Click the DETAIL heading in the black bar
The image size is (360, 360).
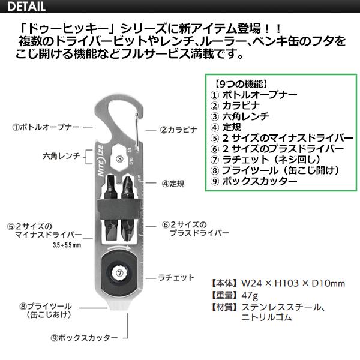point(26,6)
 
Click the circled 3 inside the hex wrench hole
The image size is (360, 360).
point(119,158)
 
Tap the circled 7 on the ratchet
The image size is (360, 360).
point(119,273)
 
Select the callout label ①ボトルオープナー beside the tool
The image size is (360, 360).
point(46,127)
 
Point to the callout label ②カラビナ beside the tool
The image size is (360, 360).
point(179,130)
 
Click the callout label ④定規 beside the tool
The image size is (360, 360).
point(173,184)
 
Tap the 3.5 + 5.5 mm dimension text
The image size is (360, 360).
point(67,245)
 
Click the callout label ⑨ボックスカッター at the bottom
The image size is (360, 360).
point(84,338)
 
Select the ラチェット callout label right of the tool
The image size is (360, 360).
point(176,278)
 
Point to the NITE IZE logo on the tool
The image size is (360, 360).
point(101,161)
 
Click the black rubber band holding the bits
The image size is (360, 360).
point(118,209)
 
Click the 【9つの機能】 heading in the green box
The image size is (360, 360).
point(241,84)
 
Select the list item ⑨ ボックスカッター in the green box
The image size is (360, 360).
point(254,181)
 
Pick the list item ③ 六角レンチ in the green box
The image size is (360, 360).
point(239,116)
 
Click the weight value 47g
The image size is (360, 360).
point(250,295)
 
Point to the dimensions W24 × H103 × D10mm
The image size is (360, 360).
point(293,283)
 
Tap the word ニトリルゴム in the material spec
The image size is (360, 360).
point(266,317)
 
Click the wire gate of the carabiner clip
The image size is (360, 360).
point(137,133)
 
